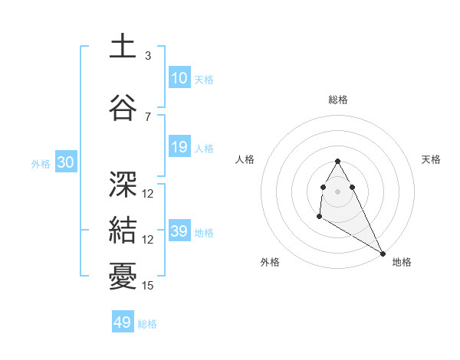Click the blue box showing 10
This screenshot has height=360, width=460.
179,77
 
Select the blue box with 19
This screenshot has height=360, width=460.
179,147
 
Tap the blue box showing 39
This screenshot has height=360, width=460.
179,231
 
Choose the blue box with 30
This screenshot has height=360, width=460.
65,163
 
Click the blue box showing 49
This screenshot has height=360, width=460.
123,322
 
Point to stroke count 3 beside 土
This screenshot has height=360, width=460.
148,56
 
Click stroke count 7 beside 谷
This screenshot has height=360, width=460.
148,116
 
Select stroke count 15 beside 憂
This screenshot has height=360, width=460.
148,286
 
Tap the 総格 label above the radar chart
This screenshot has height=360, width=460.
338,100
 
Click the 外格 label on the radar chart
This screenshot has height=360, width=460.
270,262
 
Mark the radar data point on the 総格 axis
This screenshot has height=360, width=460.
338,161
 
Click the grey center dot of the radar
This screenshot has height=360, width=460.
338,191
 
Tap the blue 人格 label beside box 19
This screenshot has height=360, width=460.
204,148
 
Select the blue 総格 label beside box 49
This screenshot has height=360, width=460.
147,324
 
